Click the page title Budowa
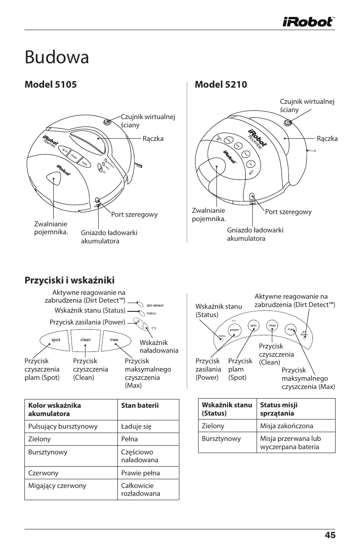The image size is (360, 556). (57, 57)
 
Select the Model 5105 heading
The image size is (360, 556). (51, 84)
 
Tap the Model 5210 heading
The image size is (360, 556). (221, 84)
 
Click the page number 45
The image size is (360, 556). (330, 536)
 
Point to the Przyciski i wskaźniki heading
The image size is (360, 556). (69, 280)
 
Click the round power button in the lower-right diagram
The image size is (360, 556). (234, 330)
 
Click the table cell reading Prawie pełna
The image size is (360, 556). (141, 473)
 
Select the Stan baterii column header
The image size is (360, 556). (140, 406)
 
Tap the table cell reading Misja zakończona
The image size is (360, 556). (287, 426)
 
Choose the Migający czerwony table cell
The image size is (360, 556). (57, 485)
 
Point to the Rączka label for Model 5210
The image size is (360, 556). (327, 139)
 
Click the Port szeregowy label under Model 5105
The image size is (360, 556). (134, 215)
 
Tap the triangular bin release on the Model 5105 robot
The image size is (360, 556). (53, 178)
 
